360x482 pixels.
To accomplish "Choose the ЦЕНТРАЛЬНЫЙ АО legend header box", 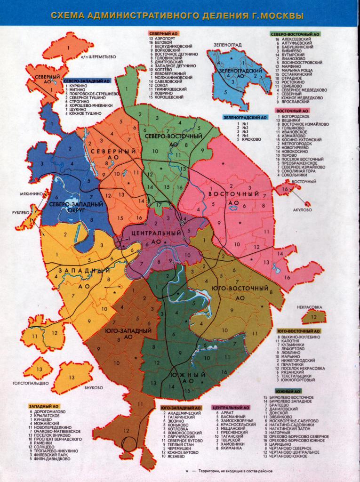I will [231, 407].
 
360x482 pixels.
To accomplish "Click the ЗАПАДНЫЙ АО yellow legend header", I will [43, 405].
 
